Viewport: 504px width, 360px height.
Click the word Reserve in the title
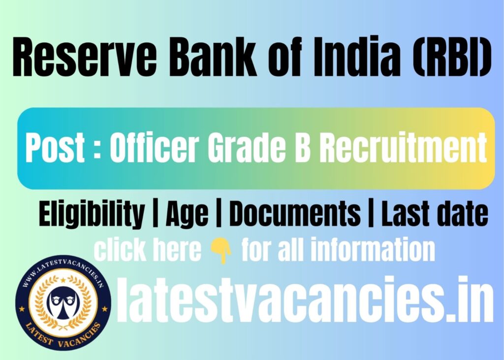point(85,57)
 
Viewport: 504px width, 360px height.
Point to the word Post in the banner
point(55,148)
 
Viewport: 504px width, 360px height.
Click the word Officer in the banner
point(154,148)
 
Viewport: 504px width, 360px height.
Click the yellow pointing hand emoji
point(221,252)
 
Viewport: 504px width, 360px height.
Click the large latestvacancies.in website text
point(305,300)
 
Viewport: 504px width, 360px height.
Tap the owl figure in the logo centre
point(63,303)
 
